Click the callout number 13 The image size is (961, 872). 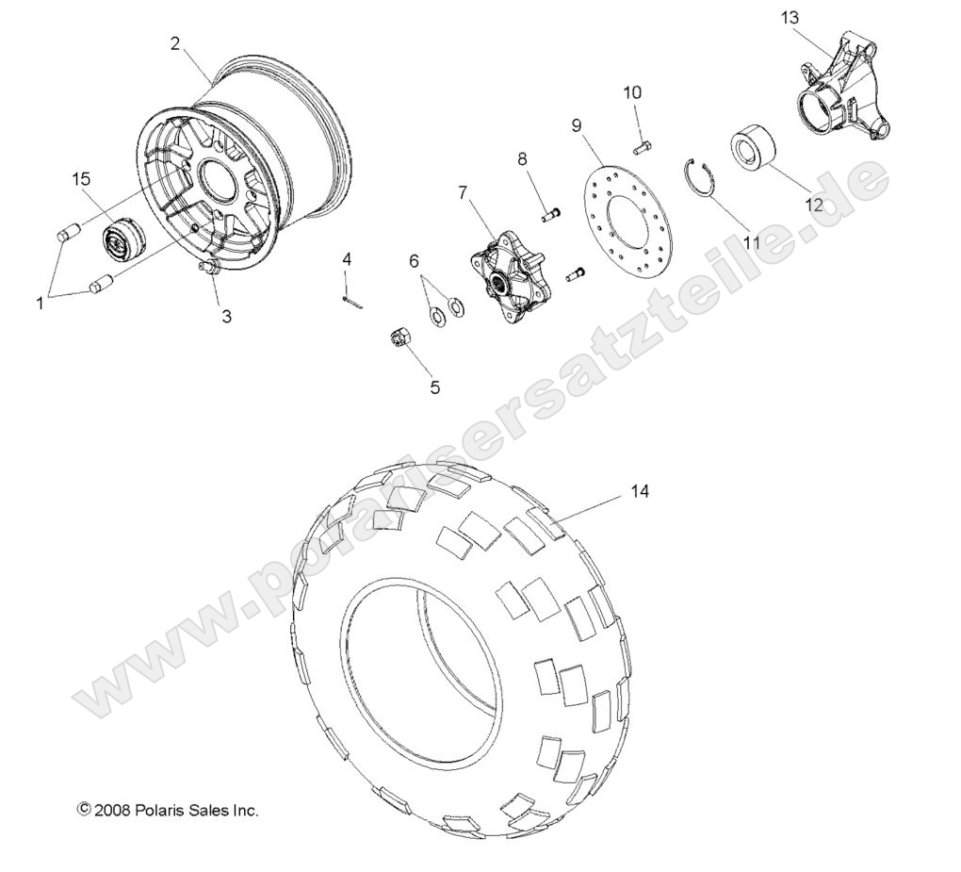click(x=790, y=17)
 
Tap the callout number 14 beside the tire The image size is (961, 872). click(x=640, y=492)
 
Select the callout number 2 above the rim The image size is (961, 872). click(x=175, y=42)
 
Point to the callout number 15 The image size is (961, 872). click(x=82, y=177)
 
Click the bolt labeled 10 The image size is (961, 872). click(x=643, y=145)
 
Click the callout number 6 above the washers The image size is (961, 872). click(x=414, y=261)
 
